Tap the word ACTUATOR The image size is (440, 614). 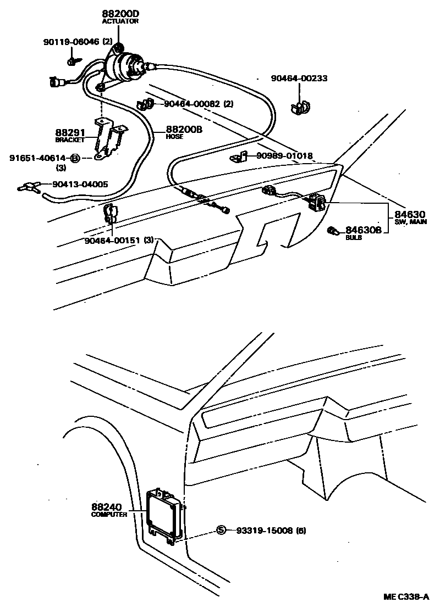120,21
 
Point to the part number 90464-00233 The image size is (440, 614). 299,79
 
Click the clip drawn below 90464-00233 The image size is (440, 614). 299,106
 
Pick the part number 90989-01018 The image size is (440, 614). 284,157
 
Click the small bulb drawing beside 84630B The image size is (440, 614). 332,230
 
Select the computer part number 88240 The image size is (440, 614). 108,507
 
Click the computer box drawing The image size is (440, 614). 164,511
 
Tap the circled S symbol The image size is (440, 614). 221,530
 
